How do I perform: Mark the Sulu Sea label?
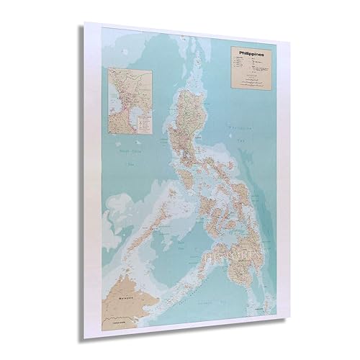tap(170, 248)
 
